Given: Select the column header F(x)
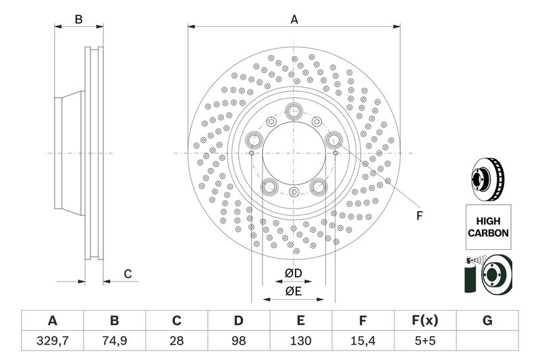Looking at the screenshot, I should pyautogui.click(x=425, y=320).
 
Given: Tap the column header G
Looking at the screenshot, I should pyautogui.click(x=487, y=320).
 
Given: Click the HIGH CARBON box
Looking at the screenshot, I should pyautogui.click(x=487, y=227).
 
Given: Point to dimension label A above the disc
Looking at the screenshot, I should pyautogui.click(x=294, y=20).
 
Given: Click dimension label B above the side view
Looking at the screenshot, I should pyautogui.click(x=78, y=20).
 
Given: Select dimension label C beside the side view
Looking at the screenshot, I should pyautogui.click(x=127, y=274).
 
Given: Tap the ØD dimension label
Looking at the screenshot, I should pyautogui.click(x=293, y=273).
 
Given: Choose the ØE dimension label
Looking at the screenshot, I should pyautogui.click(x=293, y=291).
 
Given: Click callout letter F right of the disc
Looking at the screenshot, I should pyautogui.click(x=418, y=216).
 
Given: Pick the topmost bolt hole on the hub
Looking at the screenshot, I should pyautogui.click(x=294, y=110).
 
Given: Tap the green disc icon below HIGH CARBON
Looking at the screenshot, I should pyautogui.click(x=487, y=275).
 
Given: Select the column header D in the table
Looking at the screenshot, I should pyautogui.click(x=238, y=320).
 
